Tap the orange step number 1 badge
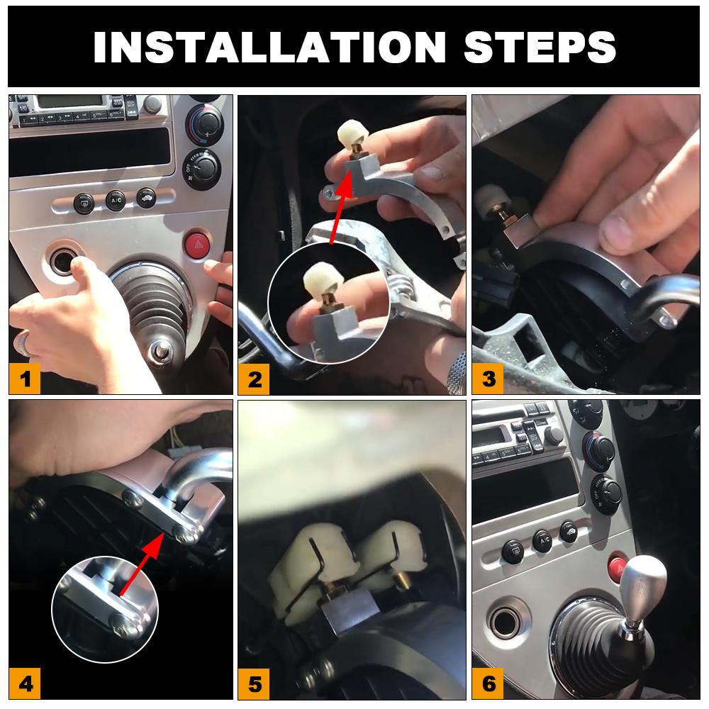[x=26, y=379]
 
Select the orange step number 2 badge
[x=255, y=379]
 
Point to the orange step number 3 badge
[x=489, y=379]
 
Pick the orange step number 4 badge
[x=26, y=684]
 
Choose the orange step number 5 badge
[x=255, y=684]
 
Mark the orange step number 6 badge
[x=489, y=684]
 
